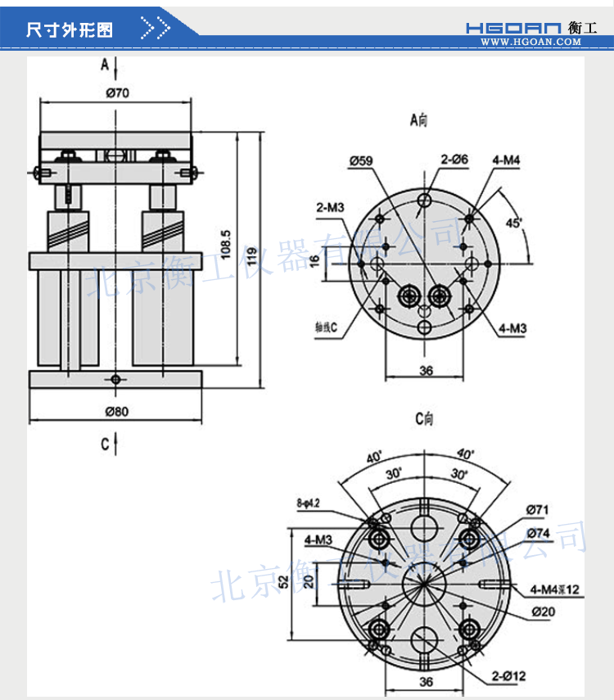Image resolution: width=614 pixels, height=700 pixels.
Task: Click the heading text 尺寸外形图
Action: (70, 30)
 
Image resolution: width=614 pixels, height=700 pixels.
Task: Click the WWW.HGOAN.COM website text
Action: (536, 42)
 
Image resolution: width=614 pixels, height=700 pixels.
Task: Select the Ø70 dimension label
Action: (117, 93)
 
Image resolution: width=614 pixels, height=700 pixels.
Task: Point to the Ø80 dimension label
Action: (117, 411)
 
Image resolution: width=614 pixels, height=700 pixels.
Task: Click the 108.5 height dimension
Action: (226, 245)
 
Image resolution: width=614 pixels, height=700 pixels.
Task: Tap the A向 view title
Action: (418, 120)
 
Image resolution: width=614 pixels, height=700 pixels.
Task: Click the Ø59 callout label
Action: (360, 161)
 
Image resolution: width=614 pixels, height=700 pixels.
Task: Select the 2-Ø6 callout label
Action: (454, 160)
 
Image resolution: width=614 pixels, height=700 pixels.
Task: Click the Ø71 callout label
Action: (537, 510)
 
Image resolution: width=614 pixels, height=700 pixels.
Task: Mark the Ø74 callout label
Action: (537, 533)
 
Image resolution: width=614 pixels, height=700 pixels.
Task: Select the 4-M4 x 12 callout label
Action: (554, 589)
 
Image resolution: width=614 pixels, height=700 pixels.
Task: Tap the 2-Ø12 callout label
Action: (508, 677)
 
